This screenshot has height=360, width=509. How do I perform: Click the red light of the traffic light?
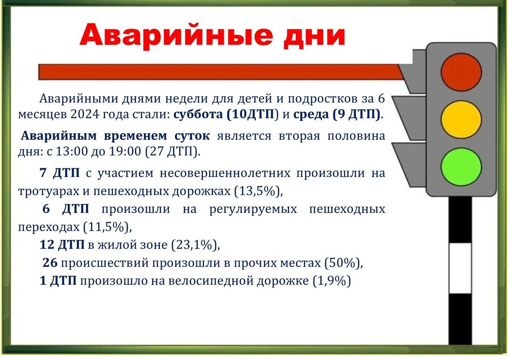coord(461,72)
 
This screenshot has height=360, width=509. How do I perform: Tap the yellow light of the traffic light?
coord(461,120)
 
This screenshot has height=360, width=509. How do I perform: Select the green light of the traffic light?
coord(461,167)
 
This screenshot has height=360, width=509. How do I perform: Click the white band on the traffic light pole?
coord(460,269)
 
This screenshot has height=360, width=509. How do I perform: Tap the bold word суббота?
coord(198,114)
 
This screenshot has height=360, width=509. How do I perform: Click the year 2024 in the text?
coord(85,114)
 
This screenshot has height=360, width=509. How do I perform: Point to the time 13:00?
coord(72,151)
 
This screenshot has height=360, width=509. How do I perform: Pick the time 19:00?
coord(125,151)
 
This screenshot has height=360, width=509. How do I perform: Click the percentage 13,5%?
coord(257,191)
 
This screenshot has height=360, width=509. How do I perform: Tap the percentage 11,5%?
coord(106,227)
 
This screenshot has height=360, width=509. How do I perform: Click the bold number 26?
coord(50,263)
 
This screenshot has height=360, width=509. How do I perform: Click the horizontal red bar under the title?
coord(220,72)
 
